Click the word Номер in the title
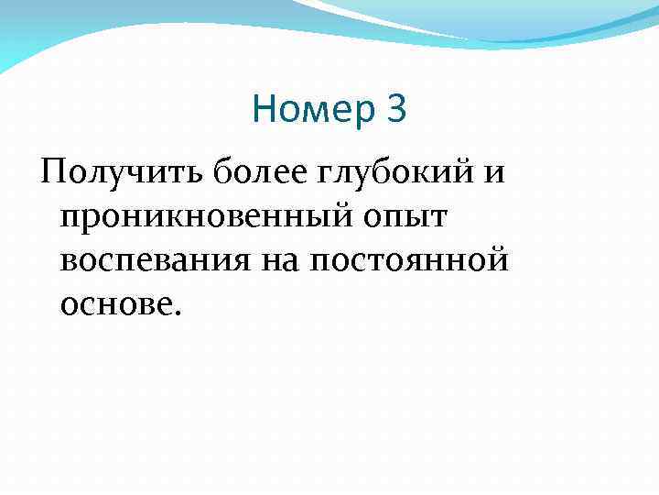pos(313,111)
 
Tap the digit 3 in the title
pos(395,111)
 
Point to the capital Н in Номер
pos(264,111)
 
